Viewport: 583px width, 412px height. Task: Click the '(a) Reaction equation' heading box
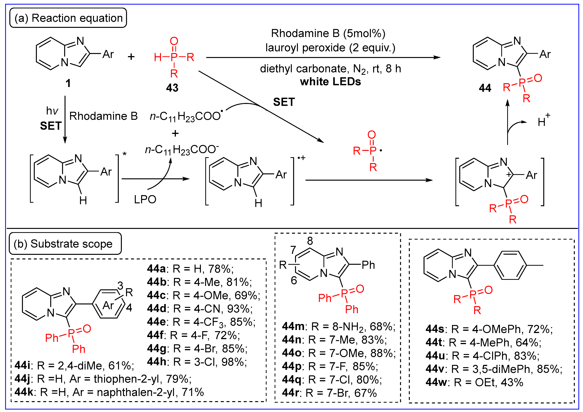(68, 18)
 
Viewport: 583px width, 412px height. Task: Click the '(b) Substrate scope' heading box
(65, 244)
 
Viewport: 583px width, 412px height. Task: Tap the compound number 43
(172, 88)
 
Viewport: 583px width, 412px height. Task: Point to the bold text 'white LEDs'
(330, 82)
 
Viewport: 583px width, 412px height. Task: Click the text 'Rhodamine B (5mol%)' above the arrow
(328, 34)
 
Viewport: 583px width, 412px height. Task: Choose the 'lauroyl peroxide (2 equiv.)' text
(330, 48)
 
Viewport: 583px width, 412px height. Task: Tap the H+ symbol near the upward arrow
(544, 121)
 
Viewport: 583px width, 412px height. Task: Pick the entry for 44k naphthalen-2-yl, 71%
(109, 392)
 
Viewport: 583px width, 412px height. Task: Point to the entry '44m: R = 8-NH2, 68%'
(338, 327)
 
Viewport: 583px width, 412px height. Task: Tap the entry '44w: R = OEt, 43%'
(474, 382)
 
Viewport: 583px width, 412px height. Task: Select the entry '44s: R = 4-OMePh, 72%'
(489, 329)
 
